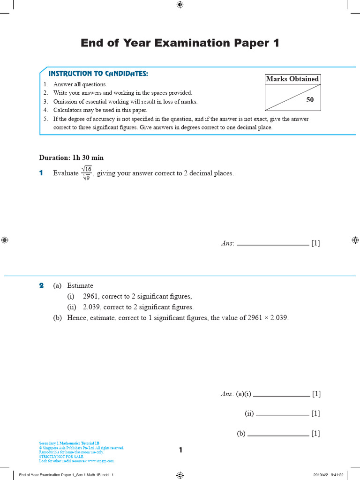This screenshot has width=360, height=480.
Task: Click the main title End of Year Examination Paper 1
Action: click(180, 43)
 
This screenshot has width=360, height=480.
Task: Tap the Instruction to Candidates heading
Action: click(98, 74)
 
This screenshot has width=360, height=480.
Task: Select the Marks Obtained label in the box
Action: click(292, 79)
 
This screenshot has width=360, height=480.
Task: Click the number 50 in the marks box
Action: click(310, 100)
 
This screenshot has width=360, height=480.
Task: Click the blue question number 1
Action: click(41, 173)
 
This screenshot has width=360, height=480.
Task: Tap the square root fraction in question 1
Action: click(86, 173)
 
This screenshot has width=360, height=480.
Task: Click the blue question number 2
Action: click(41, 285)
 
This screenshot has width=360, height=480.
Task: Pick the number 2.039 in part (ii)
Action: click(92, 307)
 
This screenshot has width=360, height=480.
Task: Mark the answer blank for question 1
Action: click(273, 244)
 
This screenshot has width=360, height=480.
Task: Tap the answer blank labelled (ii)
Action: click(283, 414)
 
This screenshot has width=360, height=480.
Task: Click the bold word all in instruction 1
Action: click(78, 84)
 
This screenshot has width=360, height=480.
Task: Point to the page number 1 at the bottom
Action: click(180, 450)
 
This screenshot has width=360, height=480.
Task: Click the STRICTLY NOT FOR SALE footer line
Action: click(61, 457)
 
